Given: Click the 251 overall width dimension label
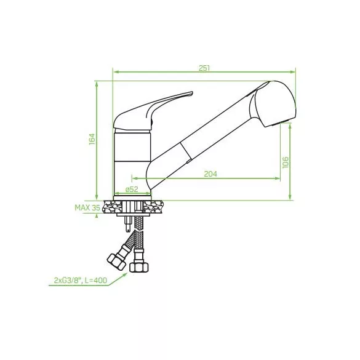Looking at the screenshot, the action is point(204,68).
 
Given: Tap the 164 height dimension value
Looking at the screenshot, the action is point(92,139).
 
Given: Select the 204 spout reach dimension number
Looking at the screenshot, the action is point(210,174).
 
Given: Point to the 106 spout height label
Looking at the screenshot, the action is point(286,162).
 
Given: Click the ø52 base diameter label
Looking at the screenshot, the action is point(132,190).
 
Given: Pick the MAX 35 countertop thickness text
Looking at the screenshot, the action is point(87,208).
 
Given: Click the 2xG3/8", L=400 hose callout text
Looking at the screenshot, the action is point(81,281).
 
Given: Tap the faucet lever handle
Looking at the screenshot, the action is point(153,111).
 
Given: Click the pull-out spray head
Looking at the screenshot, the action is point(273,103).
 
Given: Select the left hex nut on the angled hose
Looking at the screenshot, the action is point(116,262).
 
